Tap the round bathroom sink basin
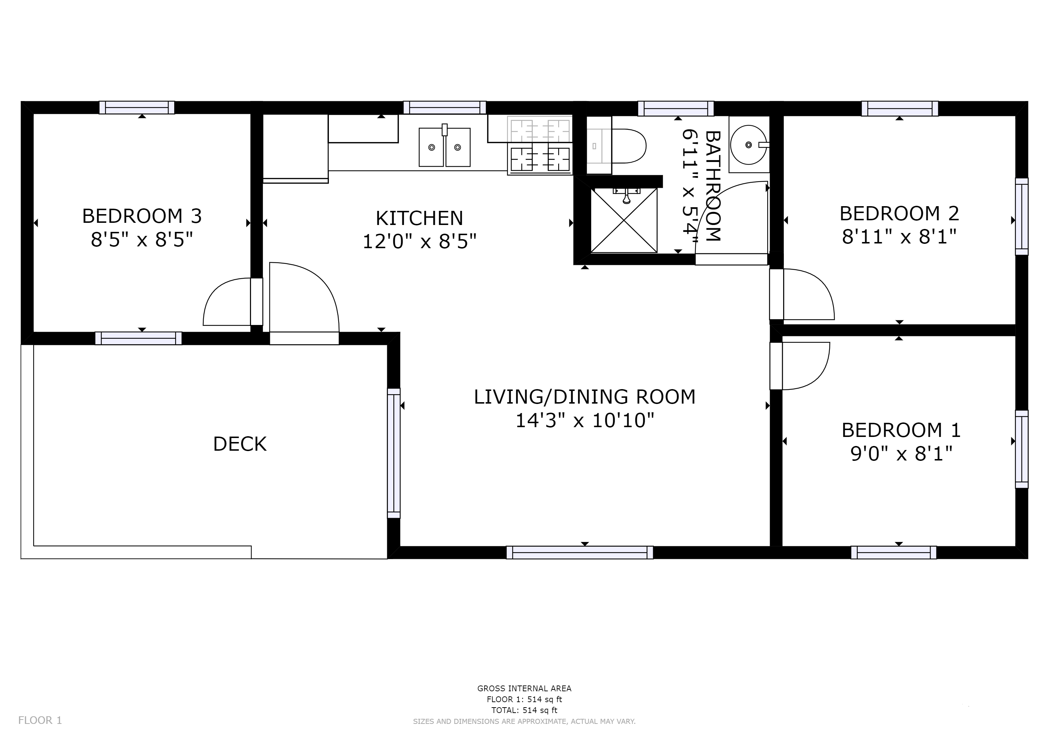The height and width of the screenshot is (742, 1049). point(748,145)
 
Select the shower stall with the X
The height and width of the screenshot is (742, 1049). point(624,220)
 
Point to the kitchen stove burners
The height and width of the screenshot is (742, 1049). point(540,145)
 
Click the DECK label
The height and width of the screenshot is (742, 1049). point(240,444)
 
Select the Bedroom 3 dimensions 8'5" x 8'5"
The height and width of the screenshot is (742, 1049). point(142,239)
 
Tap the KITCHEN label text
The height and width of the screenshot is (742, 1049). point(419,218)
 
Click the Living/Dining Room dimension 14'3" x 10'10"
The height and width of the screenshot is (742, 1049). point(585,420)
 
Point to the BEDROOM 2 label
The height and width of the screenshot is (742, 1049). point(899,213)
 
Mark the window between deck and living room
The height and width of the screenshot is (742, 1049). point(394,453)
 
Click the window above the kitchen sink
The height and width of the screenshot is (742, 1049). point(444,107)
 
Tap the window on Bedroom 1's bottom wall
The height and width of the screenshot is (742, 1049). point(894,553)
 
